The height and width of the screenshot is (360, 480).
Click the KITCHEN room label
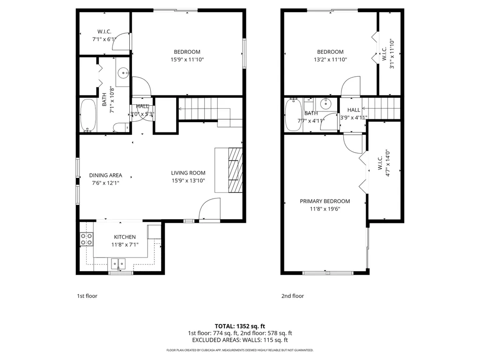pos(125,237)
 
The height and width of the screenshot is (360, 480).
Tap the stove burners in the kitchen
pos(86,239)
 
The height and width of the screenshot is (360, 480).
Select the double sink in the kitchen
pos(118,264)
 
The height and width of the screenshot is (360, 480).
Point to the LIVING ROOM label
pos(188,173)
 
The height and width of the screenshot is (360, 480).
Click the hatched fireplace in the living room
pos(236,170)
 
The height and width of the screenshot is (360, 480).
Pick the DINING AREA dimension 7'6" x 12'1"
pos(105,183)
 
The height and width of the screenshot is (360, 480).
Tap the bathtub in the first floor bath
pos(88,116)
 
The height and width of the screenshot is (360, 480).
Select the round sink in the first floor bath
pos(124,73)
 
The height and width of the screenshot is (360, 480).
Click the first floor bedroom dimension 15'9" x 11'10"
pos(187,60)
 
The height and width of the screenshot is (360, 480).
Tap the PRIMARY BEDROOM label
pos(325,201)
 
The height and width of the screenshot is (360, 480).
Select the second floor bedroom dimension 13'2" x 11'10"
pos(330,60)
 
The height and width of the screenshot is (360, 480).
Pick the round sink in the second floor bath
pos(326,104)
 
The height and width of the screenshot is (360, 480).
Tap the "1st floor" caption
pos(87,296)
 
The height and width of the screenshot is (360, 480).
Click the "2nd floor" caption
pos(293,296)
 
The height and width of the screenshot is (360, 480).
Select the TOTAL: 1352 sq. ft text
pos(240,326)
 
